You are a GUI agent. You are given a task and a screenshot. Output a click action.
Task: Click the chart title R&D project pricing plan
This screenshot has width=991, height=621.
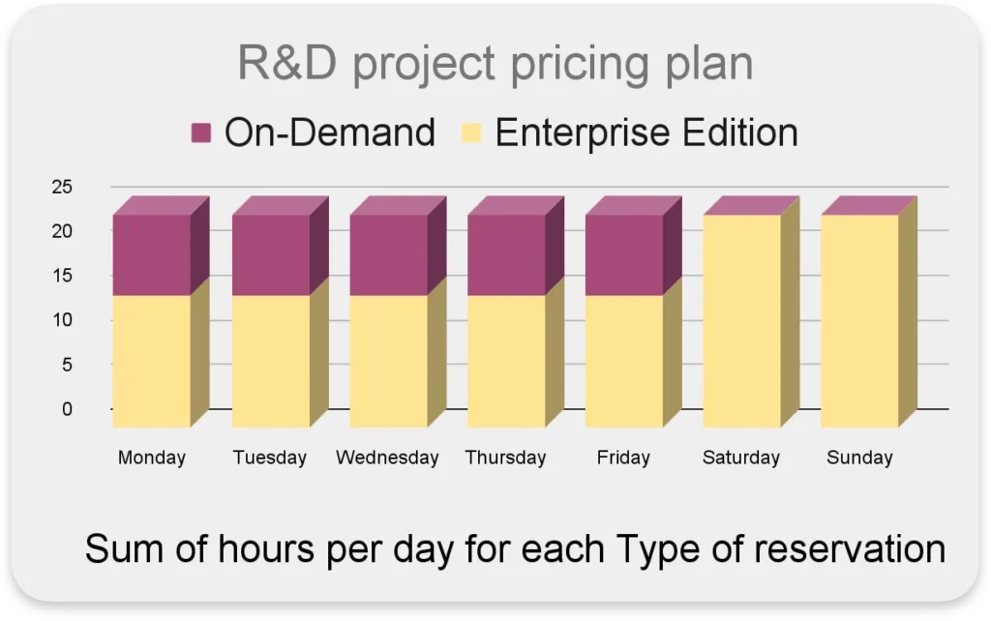click(x=495, y=65)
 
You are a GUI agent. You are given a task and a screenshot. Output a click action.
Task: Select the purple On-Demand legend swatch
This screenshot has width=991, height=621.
click(x=201, y=133)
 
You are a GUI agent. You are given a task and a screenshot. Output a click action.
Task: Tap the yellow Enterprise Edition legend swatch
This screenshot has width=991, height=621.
click(x=471, y=133)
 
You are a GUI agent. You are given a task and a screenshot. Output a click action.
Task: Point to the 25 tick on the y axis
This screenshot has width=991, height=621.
click(x=63, y=187)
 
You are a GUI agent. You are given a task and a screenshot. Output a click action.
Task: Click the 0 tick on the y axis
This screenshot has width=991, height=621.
click(x=67, y=409)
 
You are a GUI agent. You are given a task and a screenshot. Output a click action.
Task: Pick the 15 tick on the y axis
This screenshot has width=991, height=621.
click(x=63, y=276)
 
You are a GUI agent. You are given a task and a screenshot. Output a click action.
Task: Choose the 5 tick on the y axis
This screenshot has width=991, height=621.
click(x=67, y=365)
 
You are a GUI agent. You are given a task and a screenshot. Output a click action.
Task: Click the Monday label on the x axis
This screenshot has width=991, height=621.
click(x=152, y=458)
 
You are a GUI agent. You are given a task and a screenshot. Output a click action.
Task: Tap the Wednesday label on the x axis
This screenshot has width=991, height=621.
click(x=387, y=458)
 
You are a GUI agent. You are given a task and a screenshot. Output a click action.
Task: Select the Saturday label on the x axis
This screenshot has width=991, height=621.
click(x=741, y=458)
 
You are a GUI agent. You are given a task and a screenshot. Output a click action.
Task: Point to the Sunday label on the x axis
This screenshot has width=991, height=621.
click(x=859, y=458)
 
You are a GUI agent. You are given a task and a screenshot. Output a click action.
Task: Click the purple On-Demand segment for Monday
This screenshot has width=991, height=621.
click(x=152, y=254)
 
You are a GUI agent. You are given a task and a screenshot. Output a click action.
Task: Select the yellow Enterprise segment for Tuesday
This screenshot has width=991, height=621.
click(x=271, y=362)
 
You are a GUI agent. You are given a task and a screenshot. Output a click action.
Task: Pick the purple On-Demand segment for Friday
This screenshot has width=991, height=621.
click(x=624, y=254)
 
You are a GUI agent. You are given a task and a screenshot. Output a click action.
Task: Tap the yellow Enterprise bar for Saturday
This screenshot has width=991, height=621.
click(x=742, y=321)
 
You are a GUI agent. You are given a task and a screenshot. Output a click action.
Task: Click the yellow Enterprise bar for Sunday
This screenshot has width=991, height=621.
click(x=859, y=321)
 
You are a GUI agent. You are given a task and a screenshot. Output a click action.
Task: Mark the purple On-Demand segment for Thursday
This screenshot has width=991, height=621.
click(x=506, y=254)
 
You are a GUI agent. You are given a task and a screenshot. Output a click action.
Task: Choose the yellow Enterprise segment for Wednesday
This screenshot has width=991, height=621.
click(x=389, y=362)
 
